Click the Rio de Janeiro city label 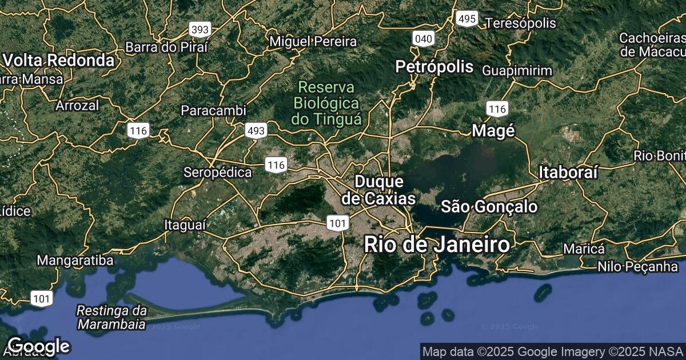[x=437, y=245]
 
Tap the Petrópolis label [x=435, y=67]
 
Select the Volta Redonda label [x=58, y=60]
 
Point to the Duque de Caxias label [x=379, y=190]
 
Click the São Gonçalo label [x=489, y=206]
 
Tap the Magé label [x=493, y=131]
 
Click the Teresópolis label [x=520, y=23]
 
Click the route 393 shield [x=200, y=29]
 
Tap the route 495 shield [x=466, y=19]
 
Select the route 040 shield [x=423, y=39]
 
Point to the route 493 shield [x=256, y=131]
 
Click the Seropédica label [x=217, y=172]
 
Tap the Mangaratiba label [x=75, y=261]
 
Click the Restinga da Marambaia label [x=112, y=318]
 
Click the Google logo [x=38, y=346]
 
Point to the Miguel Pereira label [x=313, y=41]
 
